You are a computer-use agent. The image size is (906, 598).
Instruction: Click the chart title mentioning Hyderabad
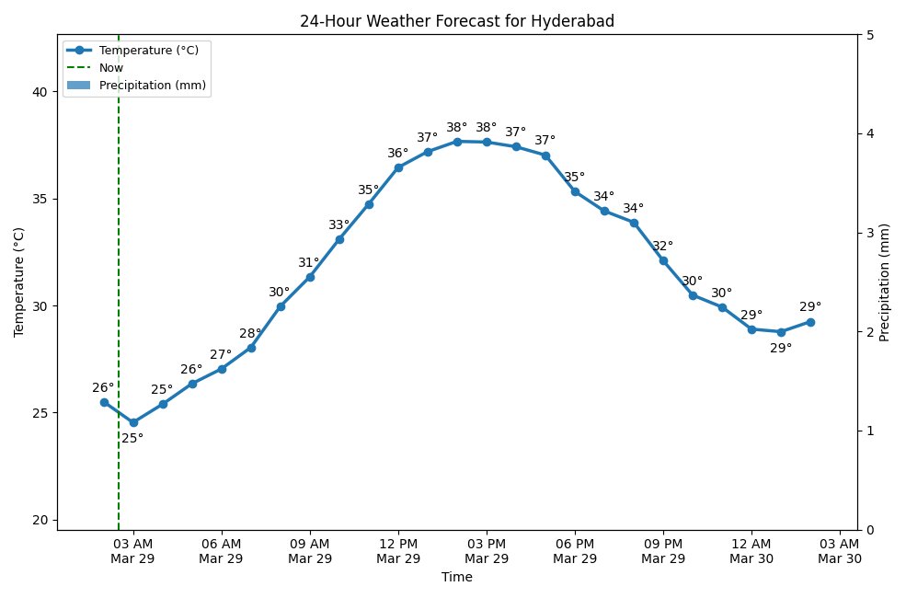(x=457, y=21)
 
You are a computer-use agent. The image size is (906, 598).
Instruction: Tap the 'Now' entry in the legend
(x=111, y=67)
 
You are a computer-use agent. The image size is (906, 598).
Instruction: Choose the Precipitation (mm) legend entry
(x=152, y=86)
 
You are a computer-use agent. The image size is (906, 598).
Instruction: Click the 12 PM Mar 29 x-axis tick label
(x=398, y=551)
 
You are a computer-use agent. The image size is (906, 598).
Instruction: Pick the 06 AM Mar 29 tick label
(x=222, y=551)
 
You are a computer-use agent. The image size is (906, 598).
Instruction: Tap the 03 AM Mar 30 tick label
(x=840, y=551)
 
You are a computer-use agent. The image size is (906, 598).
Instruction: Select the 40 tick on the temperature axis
(x=40, y=92)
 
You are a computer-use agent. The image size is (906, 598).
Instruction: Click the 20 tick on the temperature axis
(x=40, y=520)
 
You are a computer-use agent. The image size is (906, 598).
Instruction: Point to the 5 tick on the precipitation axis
(x=869, y=35)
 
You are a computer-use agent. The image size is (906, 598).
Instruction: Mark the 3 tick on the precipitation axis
(x=869, y=233)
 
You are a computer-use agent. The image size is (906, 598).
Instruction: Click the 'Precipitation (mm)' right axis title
(x=885, y=282)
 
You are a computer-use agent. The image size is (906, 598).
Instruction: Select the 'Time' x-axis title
(x=457, y=578)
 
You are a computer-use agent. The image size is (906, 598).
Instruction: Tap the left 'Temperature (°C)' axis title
(x=19, y=282)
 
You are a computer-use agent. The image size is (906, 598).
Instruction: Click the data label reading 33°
(x=339, y=225)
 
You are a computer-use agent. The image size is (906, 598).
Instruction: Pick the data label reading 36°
(x=398, y=154)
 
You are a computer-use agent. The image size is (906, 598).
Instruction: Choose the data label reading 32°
(x=663, y=247)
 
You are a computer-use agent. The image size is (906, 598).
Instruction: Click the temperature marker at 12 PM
(x=398, y=167)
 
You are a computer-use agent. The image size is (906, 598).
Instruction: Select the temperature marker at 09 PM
(x=663, y=260)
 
